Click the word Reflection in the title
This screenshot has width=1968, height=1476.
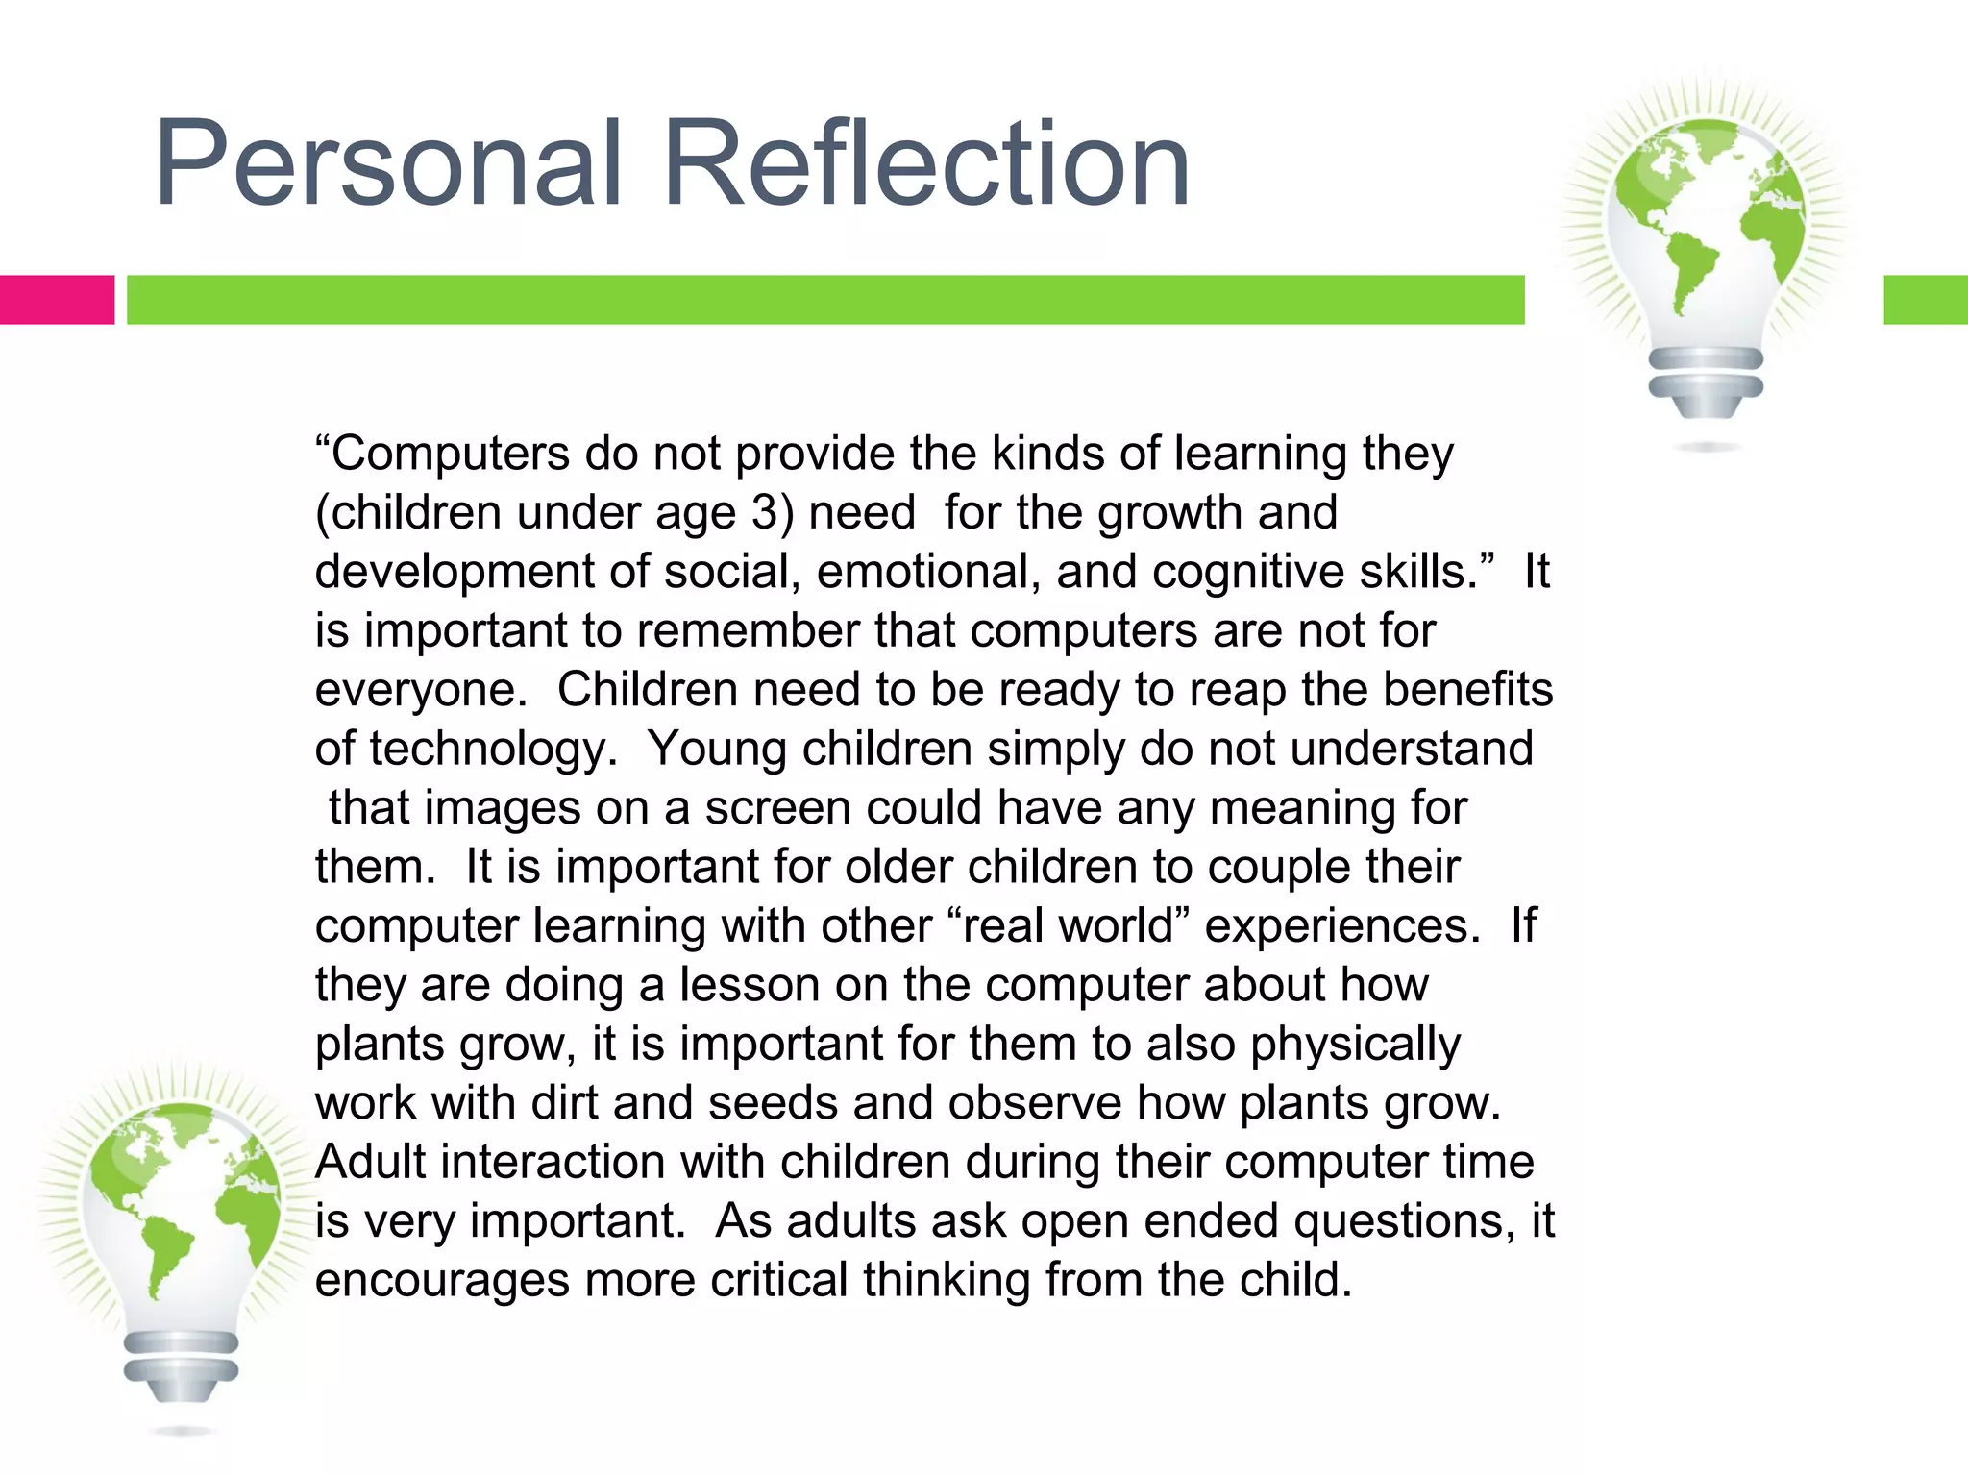(926, 163)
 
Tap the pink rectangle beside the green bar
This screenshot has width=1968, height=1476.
(57, 300)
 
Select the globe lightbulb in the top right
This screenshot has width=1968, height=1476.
(1707, 240)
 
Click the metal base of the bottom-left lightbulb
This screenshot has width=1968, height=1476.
(181, 1365)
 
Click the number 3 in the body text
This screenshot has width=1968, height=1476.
(765, 512)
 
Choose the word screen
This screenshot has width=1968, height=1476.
(777, 808)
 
